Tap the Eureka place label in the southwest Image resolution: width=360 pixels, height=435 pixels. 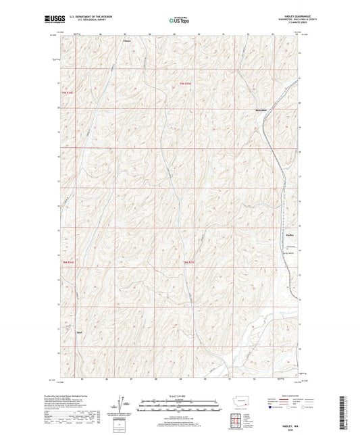(79, 332)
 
